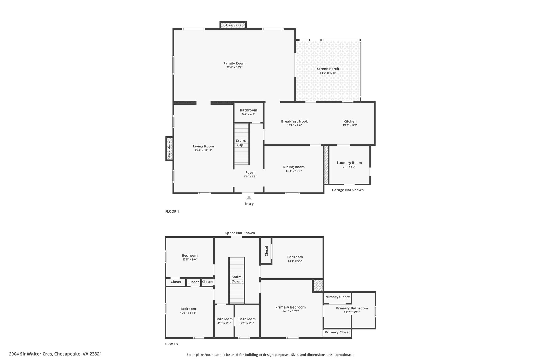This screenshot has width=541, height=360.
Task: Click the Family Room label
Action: (234, 63)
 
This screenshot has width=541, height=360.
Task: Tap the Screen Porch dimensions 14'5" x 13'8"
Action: (328, 73)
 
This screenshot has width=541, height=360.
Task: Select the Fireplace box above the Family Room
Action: (233, 25)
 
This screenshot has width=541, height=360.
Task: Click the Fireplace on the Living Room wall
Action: (170, 148)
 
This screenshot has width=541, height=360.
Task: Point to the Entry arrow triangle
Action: (249, 198)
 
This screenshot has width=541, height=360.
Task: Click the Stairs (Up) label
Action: (241, 143)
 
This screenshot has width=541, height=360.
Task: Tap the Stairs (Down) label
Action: (236, 279)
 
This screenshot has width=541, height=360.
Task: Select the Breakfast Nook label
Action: (294, 121)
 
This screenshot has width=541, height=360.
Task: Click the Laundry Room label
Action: (349, 163)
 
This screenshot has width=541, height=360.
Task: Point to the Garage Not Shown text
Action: (348, 190)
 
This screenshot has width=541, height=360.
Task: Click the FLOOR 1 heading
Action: (172, 211)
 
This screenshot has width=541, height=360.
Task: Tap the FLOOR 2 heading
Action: (171, 344)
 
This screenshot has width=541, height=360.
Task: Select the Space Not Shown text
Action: (240, 233)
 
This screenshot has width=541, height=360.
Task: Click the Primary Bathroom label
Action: (352, 308)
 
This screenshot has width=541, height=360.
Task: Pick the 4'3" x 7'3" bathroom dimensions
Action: (224, 323)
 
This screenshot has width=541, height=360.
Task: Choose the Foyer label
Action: (250, 172)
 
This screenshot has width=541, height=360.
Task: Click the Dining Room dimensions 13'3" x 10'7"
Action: (293, 171)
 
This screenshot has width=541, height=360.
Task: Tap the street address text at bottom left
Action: (55, 354)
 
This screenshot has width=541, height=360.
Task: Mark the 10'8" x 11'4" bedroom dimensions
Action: (188, 313)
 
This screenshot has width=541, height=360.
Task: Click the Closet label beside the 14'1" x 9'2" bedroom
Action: (266, 251)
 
